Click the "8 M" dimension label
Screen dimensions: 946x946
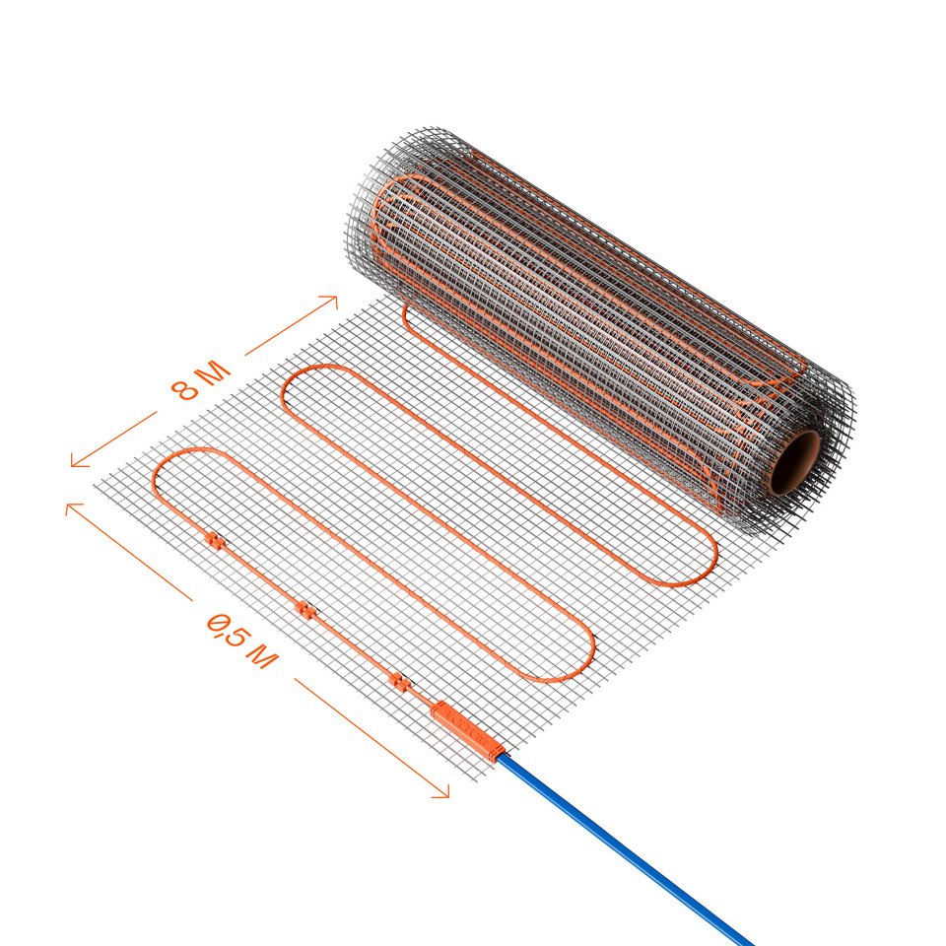click(201, 380)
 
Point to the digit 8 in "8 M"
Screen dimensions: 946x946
click(183, 389)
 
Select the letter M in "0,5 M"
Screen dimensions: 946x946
click(262, 656)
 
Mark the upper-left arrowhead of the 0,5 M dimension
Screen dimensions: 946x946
click(71, 507)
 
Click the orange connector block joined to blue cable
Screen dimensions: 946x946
click(467, 731)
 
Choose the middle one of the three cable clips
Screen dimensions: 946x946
click(305, 611)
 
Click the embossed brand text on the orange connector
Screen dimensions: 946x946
click(466, 730)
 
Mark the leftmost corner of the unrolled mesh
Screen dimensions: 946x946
click(95, 485)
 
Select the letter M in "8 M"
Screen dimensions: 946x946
click(214, 372)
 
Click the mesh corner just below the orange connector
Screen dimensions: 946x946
click(476, 780)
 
